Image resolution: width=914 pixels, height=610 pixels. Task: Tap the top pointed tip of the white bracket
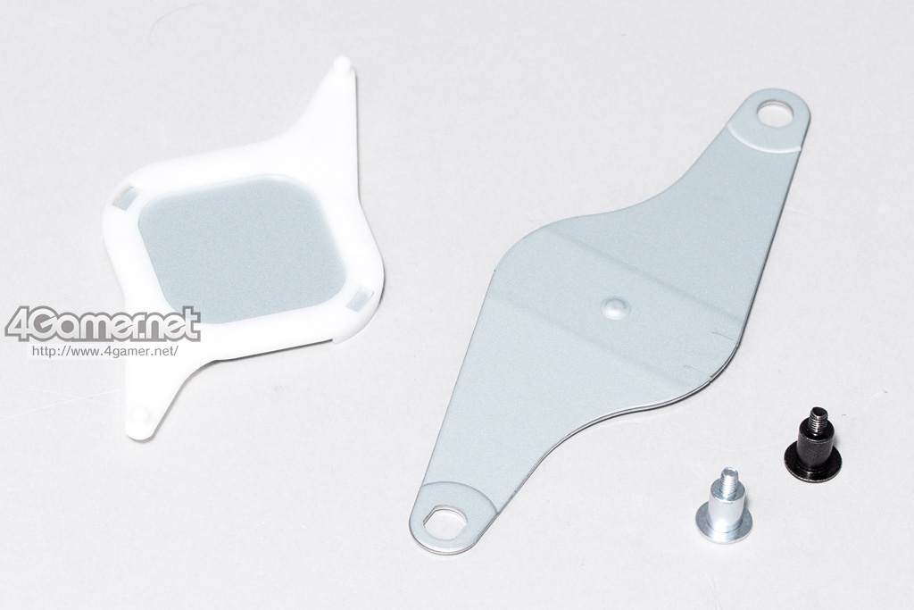pos(343,62)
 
